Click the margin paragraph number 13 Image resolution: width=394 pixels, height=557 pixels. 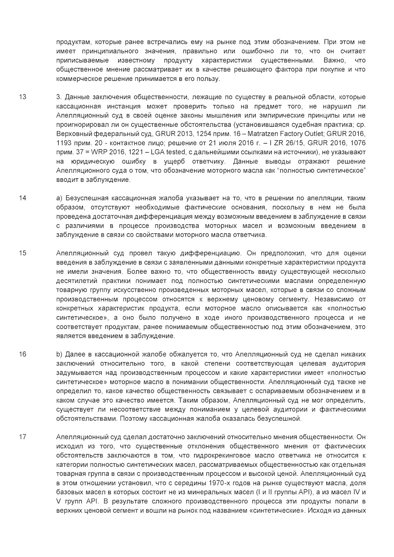[23, 97]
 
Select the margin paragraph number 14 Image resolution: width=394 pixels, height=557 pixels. [23, 198]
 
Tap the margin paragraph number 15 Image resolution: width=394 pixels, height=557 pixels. [23, 253]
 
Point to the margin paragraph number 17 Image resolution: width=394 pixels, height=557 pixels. [23, 437]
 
